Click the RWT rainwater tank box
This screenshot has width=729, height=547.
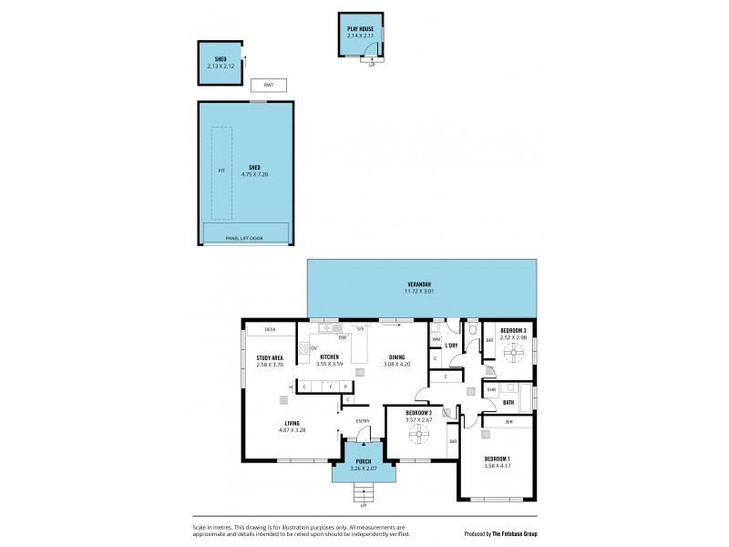[269, 85]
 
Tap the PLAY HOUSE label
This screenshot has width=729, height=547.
[360, 29]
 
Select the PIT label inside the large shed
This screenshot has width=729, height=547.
[221, 170]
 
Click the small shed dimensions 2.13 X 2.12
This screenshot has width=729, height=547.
[221, 67]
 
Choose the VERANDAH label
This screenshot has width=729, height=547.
[421, 287]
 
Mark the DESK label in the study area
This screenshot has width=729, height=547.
[270, 329]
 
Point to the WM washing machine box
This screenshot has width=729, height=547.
[436, 340]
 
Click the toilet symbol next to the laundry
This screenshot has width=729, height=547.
[470, 336]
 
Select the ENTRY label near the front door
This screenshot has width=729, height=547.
[363, 420]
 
